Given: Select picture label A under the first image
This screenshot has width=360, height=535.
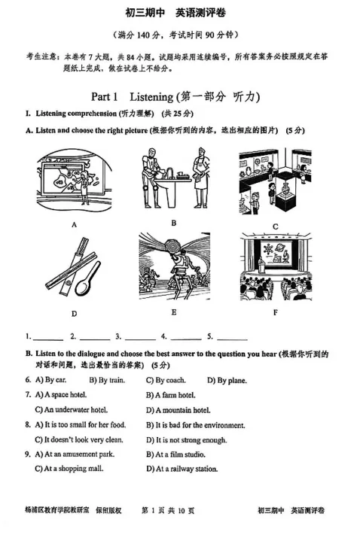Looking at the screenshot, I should pyautogui.click(x=74, y=224).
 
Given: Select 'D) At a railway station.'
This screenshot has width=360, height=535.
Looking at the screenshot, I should pyautogui.click(x=182, y=469).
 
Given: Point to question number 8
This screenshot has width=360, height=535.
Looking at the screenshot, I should pyautogui.click(x=28, y=424).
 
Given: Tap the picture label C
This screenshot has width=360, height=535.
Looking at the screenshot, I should pyautogui.click(x=275, y=226).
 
